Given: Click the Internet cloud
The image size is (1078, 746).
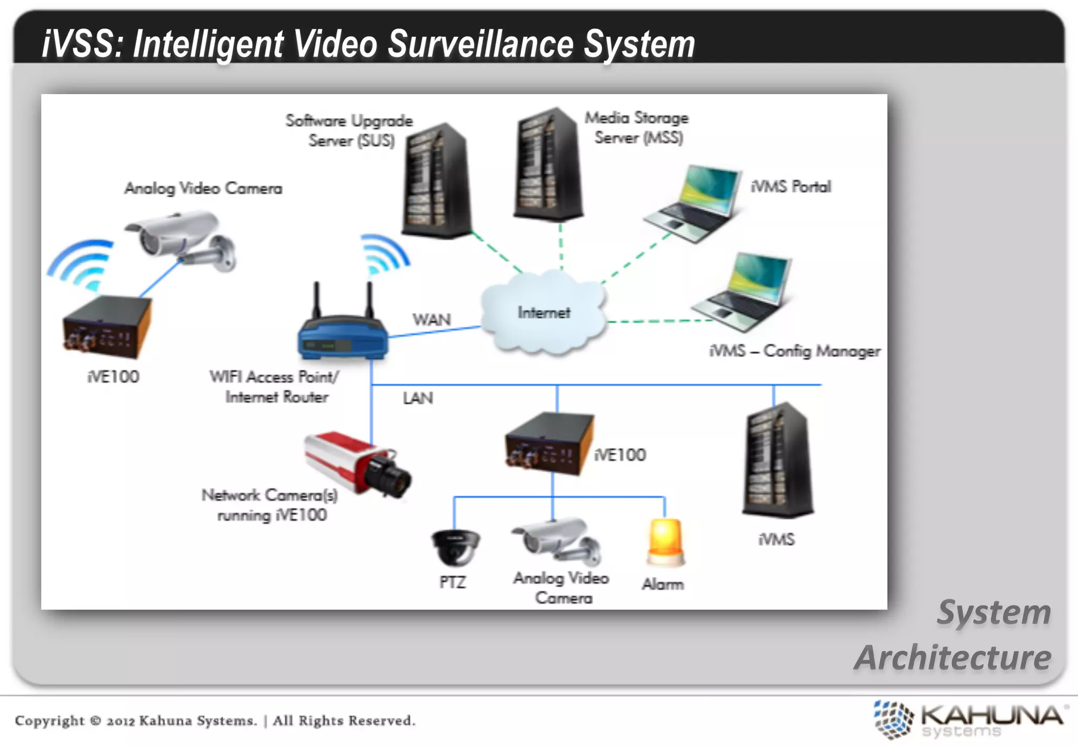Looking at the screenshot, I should coord(543,312).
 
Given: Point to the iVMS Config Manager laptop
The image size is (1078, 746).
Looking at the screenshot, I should coord(745,291).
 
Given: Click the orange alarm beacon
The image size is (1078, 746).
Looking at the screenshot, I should coord(665,542).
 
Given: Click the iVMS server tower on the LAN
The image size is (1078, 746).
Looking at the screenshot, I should coord(777,460).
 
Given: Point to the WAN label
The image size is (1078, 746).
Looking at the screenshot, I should coord(432,319).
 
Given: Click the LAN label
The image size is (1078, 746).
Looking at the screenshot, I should coord(418,398).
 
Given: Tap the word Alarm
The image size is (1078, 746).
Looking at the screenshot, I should coord(663,584).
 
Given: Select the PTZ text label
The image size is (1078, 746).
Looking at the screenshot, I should coord(453,582).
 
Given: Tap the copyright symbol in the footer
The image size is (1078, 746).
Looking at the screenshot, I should coord(95,720).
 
